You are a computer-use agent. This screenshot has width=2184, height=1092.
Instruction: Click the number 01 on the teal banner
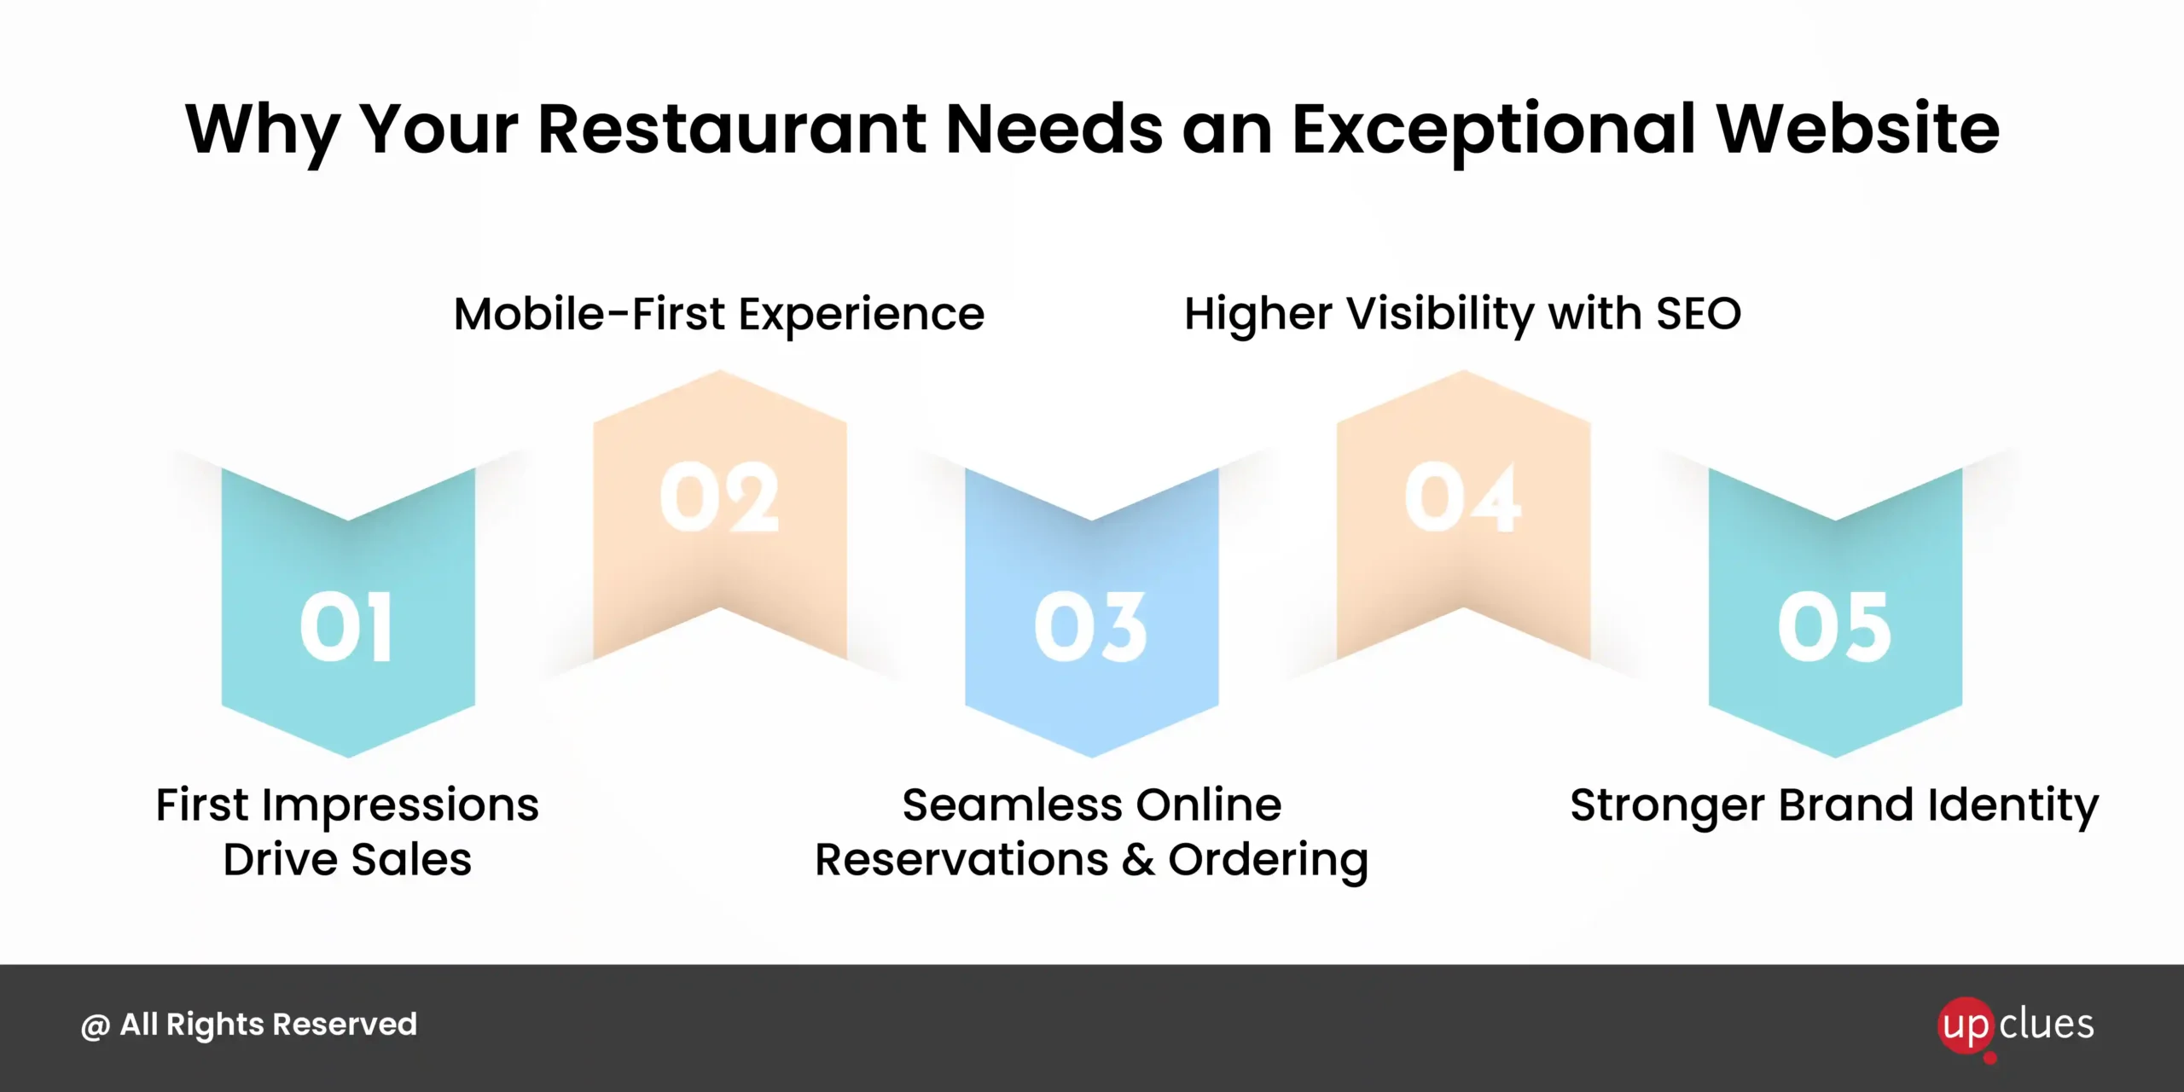(x=346, y=627)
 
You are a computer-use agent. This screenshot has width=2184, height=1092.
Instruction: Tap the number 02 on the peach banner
(x=719, y=498)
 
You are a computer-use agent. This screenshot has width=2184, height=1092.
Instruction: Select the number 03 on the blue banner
(x=1090, y=627)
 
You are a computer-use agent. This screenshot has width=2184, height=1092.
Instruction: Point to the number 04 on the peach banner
(x=1462, y=498)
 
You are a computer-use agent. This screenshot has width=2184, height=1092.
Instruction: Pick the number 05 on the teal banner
(x=1835, y=627)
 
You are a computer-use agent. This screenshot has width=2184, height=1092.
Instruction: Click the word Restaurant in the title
(x=732, y=130)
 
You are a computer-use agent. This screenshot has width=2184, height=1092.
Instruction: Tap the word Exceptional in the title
(x=1493, y=132)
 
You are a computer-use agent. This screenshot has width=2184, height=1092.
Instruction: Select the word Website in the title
(x=1857, y=129)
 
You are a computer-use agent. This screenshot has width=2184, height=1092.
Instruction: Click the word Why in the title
(x=262, y=132)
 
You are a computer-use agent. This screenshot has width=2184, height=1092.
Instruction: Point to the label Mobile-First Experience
(x=719, y=316)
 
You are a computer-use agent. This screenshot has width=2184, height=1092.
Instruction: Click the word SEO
(x=1699, y=314)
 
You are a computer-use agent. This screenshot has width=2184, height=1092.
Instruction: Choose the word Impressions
(x=400, y=807)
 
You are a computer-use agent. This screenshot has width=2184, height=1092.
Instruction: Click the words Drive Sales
(x=347, y=859)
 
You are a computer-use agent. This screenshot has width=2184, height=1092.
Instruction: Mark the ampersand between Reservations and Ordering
(x=1138, y=860)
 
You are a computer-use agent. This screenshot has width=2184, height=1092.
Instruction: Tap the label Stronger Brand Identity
(x=1834, y=807)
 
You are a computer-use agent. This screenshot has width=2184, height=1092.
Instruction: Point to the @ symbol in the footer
(x=95, y=1026)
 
